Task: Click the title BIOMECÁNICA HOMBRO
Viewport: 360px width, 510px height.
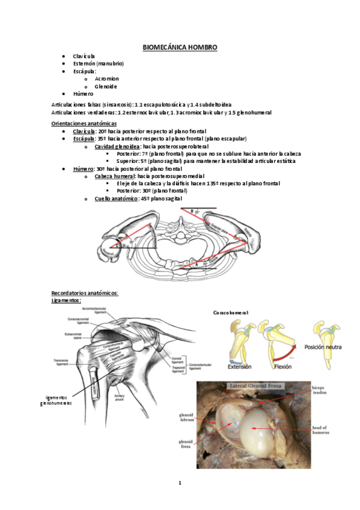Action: point(180,47)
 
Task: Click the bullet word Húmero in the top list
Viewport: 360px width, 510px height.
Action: point(83,94)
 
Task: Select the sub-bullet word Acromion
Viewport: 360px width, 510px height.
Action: point(106,78)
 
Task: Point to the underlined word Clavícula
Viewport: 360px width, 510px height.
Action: point(84,131)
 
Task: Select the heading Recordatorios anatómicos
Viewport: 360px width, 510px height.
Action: point(85,293)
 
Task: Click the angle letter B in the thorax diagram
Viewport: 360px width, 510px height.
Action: point(191,211)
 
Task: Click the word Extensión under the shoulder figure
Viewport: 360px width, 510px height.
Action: point(239,366)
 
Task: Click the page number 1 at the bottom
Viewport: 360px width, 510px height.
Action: point(179,483)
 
